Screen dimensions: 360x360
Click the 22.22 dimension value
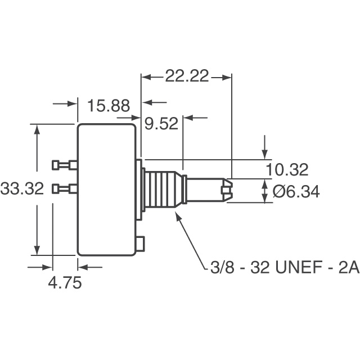click(186, 75)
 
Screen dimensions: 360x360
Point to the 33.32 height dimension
click(22, 188)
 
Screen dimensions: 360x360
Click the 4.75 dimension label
click(64, 282)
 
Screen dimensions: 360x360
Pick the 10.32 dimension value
click(286, 169)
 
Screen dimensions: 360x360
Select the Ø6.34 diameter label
click(296, 192)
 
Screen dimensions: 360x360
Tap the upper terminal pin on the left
click(64, 165)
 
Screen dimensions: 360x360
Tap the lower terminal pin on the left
click(64, 188)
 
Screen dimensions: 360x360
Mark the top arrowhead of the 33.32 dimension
click(38, 129)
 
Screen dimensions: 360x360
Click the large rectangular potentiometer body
click(107, 190)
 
